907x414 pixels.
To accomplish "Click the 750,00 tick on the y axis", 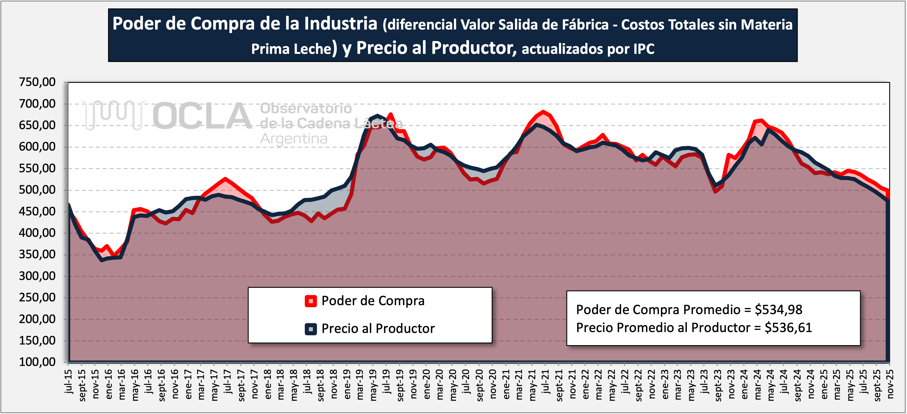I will point(37,82).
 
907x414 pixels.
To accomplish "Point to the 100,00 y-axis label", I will point(37,362).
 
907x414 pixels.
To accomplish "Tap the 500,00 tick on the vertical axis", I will point(37,190).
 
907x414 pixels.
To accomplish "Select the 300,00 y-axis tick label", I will point(37,276).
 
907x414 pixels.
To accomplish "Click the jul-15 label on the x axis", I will point(68,381).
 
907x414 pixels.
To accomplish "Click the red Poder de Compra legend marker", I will point(310,301).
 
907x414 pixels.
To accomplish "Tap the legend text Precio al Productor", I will point(378,329).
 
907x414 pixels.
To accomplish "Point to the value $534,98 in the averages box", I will point(779,310).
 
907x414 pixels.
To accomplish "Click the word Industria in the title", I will point(341,24).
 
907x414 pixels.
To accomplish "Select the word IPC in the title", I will point(643,49).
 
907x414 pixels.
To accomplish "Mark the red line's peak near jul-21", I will point(543,112).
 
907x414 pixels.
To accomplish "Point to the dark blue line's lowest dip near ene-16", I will point(102,260).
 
